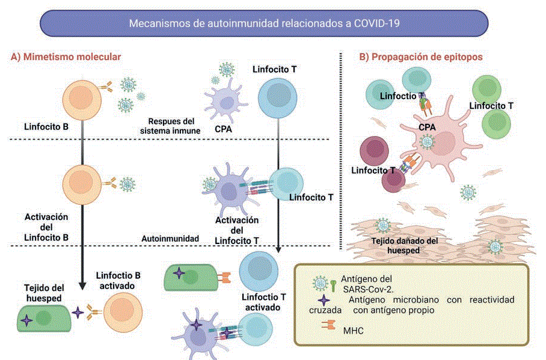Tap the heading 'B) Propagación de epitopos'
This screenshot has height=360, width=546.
click(421, 57)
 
